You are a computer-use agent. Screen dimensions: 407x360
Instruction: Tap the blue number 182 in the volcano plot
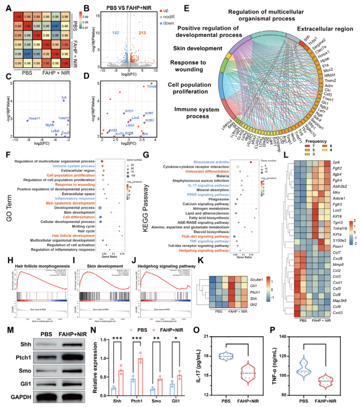(115, 33)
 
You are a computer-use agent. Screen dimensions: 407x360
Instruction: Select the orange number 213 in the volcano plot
(142, 33)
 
